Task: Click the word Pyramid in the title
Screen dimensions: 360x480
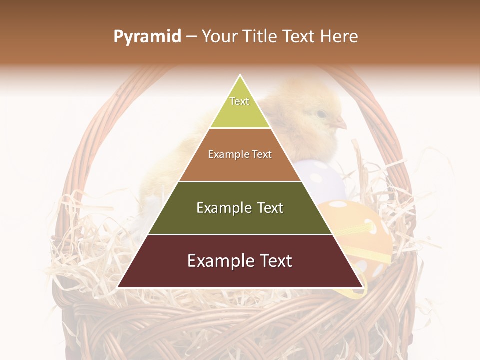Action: point(147,36)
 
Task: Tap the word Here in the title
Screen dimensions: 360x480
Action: point(339,36)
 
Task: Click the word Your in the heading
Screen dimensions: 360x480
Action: point(218,36)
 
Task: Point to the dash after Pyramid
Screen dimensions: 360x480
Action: point(191,37)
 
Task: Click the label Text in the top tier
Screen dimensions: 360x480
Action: point(239,101)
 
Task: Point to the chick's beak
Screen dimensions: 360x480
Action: point(341,123)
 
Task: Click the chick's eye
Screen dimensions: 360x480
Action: point(321,114)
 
